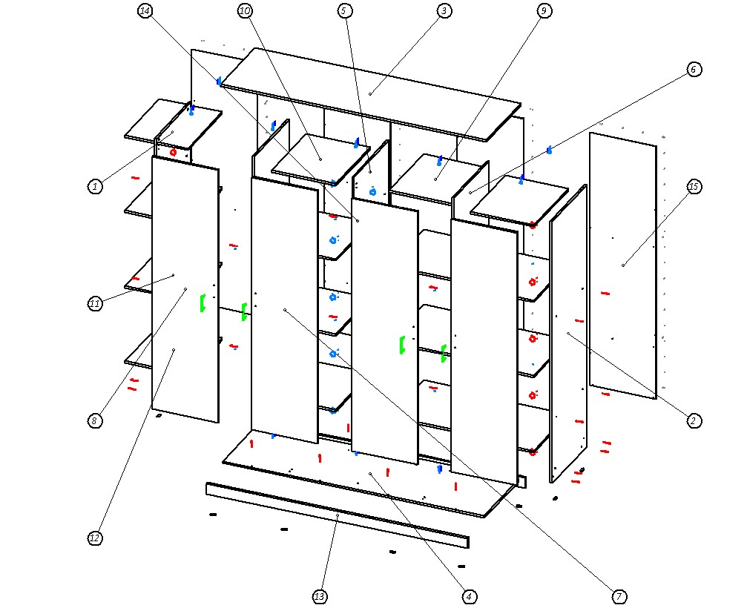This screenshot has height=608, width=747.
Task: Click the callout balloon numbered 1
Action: click(x=95, y=187)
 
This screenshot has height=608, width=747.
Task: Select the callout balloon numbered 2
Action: click(x=694, y=420)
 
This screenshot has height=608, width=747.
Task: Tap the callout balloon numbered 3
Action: click(x=444, y=11)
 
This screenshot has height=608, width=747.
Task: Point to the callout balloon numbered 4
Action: click(x=468, y=596)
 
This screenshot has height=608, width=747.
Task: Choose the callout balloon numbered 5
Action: click(x=344, y=11)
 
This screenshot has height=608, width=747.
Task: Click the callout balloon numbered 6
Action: click(x=694, y=70)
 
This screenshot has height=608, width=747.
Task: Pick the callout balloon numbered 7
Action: click(x=619, y=596)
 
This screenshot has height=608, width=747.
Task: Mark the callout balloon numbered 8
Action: click(x=95, y=420)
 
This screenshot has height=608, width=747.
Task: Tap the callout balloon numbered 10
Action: click(x=245, y=11)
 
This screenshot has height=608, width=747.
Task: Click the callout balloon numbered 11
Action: click(x=95, y=304)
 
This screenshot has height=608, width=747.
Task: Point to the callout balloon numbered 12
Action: click(x=95, y=538)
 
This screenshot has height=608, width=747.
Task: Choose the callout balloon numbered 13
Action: click(x=319, y=596)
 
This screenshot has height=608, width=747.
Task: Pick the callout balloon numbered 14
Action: click(x=145, y=11)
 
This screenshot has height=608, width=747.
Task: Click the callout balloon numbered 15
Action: click(x=694, y=187)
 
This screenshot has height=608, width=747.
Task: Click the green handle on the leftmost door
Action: click(x=202, y=303)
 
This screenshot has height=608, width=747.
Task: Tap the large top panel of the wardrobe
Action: click(x=371, y=93)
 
